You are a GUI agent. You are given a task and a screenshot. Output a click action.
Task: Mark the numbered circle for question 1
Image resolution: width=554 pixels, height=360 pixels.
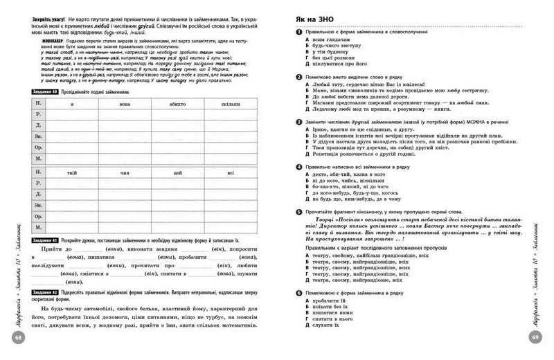[x=298, y=32]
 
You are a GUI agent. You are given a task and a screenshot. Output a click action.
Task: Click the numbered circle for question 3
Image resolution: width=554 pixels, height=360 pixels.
[x=298, y=121]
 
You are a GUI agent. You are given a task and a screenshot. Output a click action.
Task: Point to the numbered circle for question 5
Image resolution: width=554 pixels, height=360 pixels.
[x=298, y=211]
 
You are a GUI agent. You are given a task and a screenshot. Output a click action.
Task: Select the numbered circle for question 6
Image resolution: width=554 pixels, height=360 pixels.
[x=298, y=294]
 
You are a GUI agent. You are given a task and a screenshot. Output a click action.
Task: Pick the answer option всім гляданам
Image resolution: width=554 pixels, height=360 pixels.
[x=326, y=39]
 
